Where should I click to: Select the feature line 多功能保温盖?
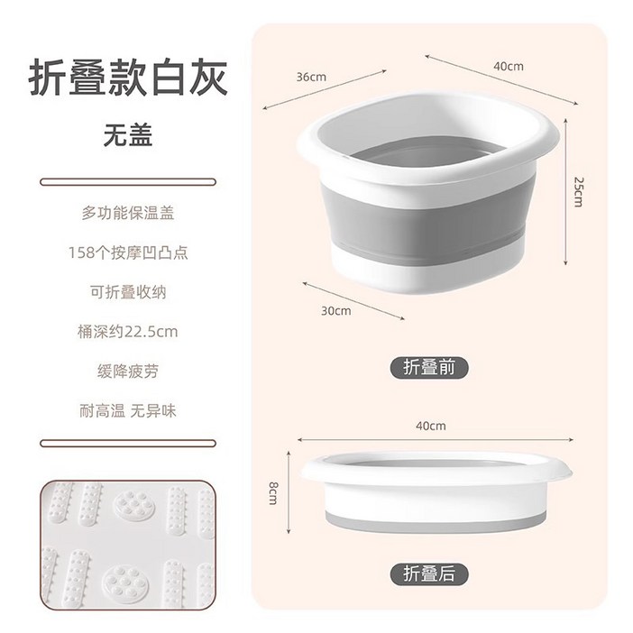click(x=128, y=214)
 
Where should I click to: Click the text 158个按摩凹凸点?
click(x=128, y=253)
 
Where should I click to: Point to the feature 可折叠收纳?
click(x=128, y=292)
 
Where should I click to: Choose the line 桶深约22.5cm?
click(x=128, y=332)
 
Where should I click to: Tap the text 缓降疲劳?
click(x=128, y=371)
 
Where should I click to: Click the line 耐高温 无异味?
click(x=128, y=410)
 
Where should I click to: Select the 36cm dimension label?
click(x=311, y=77)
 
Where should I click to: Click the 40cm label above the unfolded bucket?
click(x=509, y=66)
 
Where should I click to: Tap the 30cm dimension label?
click(x=336, y=310)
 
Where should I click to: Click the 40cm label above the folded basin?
click(x=431, y=426)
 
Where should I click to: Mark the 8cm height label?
click(x=271, y=493)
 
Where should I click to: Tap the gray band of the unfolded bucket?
click(x=424, y=212)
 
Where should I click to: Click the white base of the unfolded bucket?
click(x=424, y=271)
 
